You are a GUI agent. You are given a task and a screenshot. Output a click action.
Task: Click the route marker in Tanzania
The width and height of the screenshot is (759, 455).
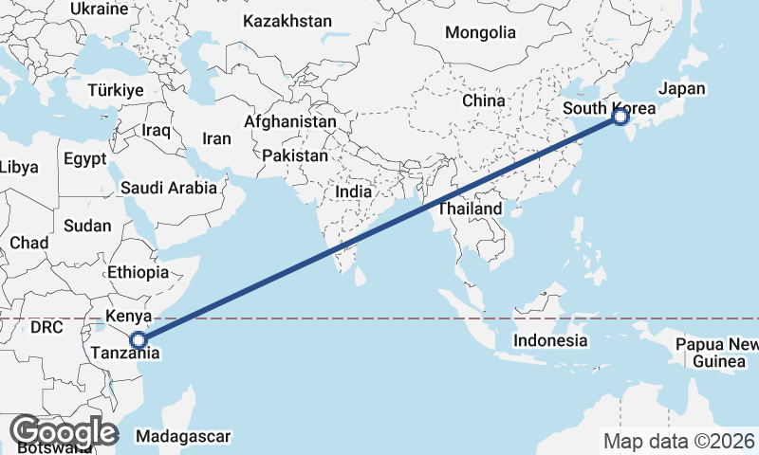click(139, 339)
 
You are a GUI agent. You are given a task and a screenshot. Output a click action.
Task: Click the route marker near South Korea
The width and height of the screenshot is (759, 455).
click(620, 118)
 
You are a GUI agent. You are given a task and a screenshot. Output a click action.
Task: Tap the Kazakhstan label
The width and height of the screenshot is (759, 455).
click(287, 21)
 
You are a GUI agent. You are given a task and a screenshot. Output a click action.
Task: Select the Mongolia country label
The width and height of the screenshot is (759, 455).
click(480, 32)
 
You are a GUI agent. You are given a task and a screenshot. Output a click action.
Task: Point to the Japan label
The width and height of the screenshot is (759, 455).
click(682, 88)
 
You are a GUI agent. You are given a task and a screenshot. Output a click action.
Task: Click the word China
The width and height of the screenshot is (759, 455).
click(484, 100)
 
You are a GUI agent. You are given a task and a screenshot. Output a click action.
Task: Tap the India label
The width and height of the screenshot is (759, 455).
click(354, 191)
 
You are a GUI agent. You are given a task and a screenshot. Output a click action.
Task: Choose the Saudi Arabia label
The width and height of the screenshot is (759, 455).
click(169, 188)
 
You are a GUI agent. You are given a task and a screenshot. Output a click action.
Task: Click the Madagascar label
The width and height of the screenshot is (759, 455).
click(183, 436)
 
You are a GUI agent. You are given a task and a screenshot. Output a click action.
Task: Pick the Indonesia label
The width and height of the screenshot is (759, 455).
click(549, 340)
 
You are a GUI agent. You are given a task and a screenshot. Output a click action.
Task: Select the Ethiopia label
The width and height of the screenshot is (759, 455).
click(138, 272)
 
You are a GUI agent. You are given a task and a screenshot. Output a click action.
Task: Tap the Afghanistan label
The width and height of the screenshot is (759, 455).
click(289, 122)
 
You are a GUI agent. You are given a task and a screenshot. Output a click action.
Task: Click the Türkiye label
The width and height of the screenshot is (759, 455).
click(115, 90)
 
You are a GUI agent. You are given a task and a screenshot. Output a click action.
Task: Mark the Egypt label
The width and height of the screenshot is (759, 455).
click(85, 159)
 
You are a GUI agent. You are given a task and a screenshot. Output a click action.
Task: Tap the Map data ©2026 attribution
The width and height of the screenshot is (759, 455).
click(679, 441)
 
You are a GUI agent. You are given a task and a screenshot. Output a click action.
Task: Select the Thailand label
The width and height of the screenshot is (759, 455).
click(469, 209)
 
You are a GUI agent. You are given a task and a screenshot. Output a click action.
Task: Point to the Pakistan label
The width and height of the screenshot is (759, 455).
click(296, 155)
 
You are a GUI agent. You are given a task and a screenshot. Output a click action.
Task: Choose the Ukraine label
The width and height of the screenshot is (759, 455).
click(99, 9)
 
